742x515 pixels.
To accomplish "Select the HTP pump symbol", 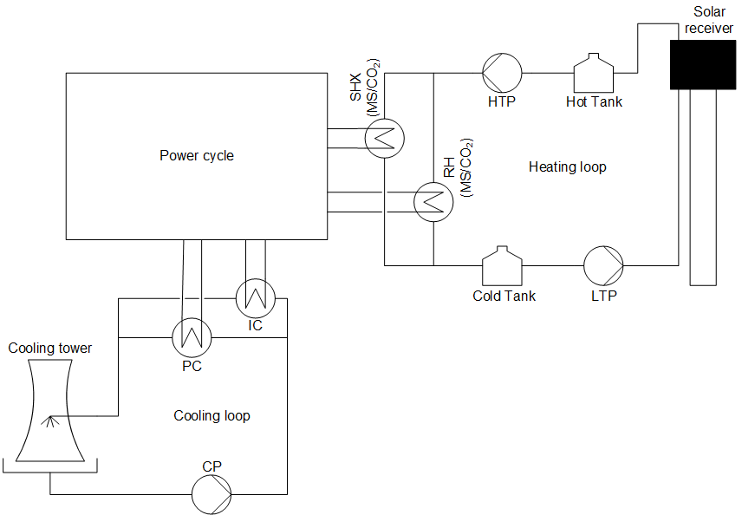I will pos(501,72).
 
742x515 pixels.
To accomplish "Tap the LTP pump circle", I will pos(603,264).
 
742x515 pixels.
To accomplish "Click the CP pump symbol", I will pos(212,495).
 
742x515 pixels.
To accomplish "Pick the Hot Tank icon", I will pos(594,72).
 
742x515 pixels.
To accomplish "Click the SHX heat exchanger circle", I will pos(384,138).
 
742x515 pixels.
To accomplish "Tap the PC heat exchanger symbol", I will pos(192,336).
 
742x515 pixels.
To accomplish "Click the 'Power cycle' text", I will pos(197,156).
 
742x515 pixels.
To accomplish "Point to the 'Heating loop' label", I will pos(567,166).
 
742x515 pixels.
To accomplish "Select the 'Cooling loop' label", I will pos(212,416).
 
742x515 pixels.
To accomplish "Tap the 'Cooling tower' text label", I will pos(50,349).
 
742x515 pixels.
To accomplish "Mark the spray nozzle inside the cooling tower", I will pos(49,421).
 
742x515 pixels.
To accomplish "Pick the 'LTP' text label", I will pos(603,297).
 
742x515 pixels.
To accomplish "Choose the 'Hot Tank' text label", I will pos(594,102).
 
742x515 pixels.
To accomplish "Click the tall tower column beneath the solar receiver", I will pos(703,186).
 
